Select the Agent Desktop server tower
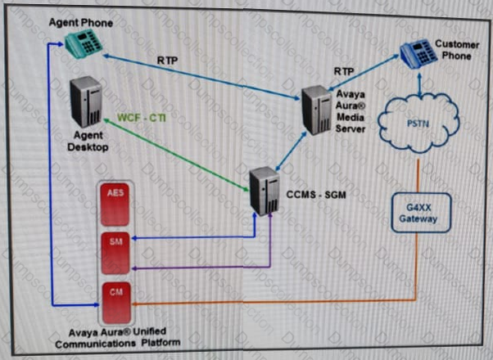(88, 103)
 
